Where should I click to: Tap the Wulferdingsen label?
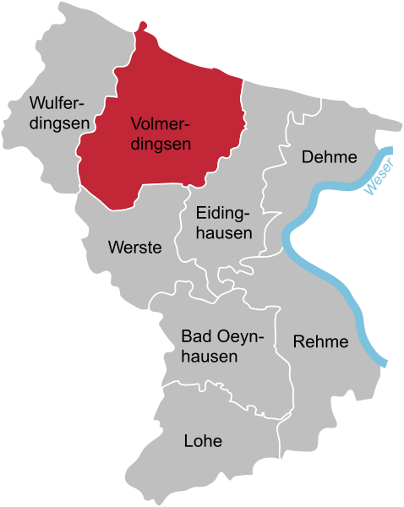(59, 113)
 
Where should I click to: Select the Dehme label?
(330, 157)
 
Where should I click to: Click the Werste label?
(135, 248)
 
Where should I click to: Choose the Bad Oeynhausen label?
(223, 346)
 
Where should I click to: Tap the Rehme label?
(320, 342)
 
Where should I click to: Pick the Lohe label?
(203, 440)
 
